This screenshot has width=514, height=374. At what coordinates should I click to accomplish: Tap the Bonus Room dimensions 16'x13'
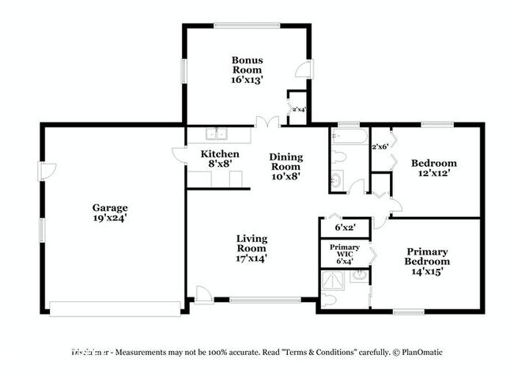[x=247, y=80]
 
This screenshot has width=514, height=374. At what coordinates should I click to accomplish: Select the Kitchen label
[x=219, y=154]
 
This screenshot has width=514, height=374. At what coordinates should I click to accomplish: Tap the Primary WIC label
[x=344, y=252]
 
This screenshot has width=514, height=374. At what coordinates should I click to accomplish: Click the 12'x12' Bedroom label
[x=433, y=169]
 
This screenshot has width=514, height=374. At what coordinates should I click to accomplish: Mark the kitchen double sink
[x=217, y=134]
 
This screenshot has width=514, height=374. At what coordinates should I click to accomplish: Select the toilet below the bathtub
[x=336, y=155]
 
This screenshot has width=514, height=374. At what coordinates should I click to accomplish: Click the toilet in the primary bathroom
[x=330, y=299]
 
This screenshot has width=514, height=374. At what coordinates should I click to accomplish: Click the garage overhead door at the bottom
[x=115, y=307]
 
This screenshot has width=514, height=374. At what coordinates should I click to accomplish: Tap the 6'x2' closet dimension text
[x=345, y=227]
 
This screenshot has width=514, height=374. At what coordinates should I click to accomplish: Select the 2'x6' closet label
[x=380, y=146]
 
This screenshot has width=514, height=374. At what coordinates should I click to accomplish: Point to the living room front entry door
[x=204, y=297]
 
